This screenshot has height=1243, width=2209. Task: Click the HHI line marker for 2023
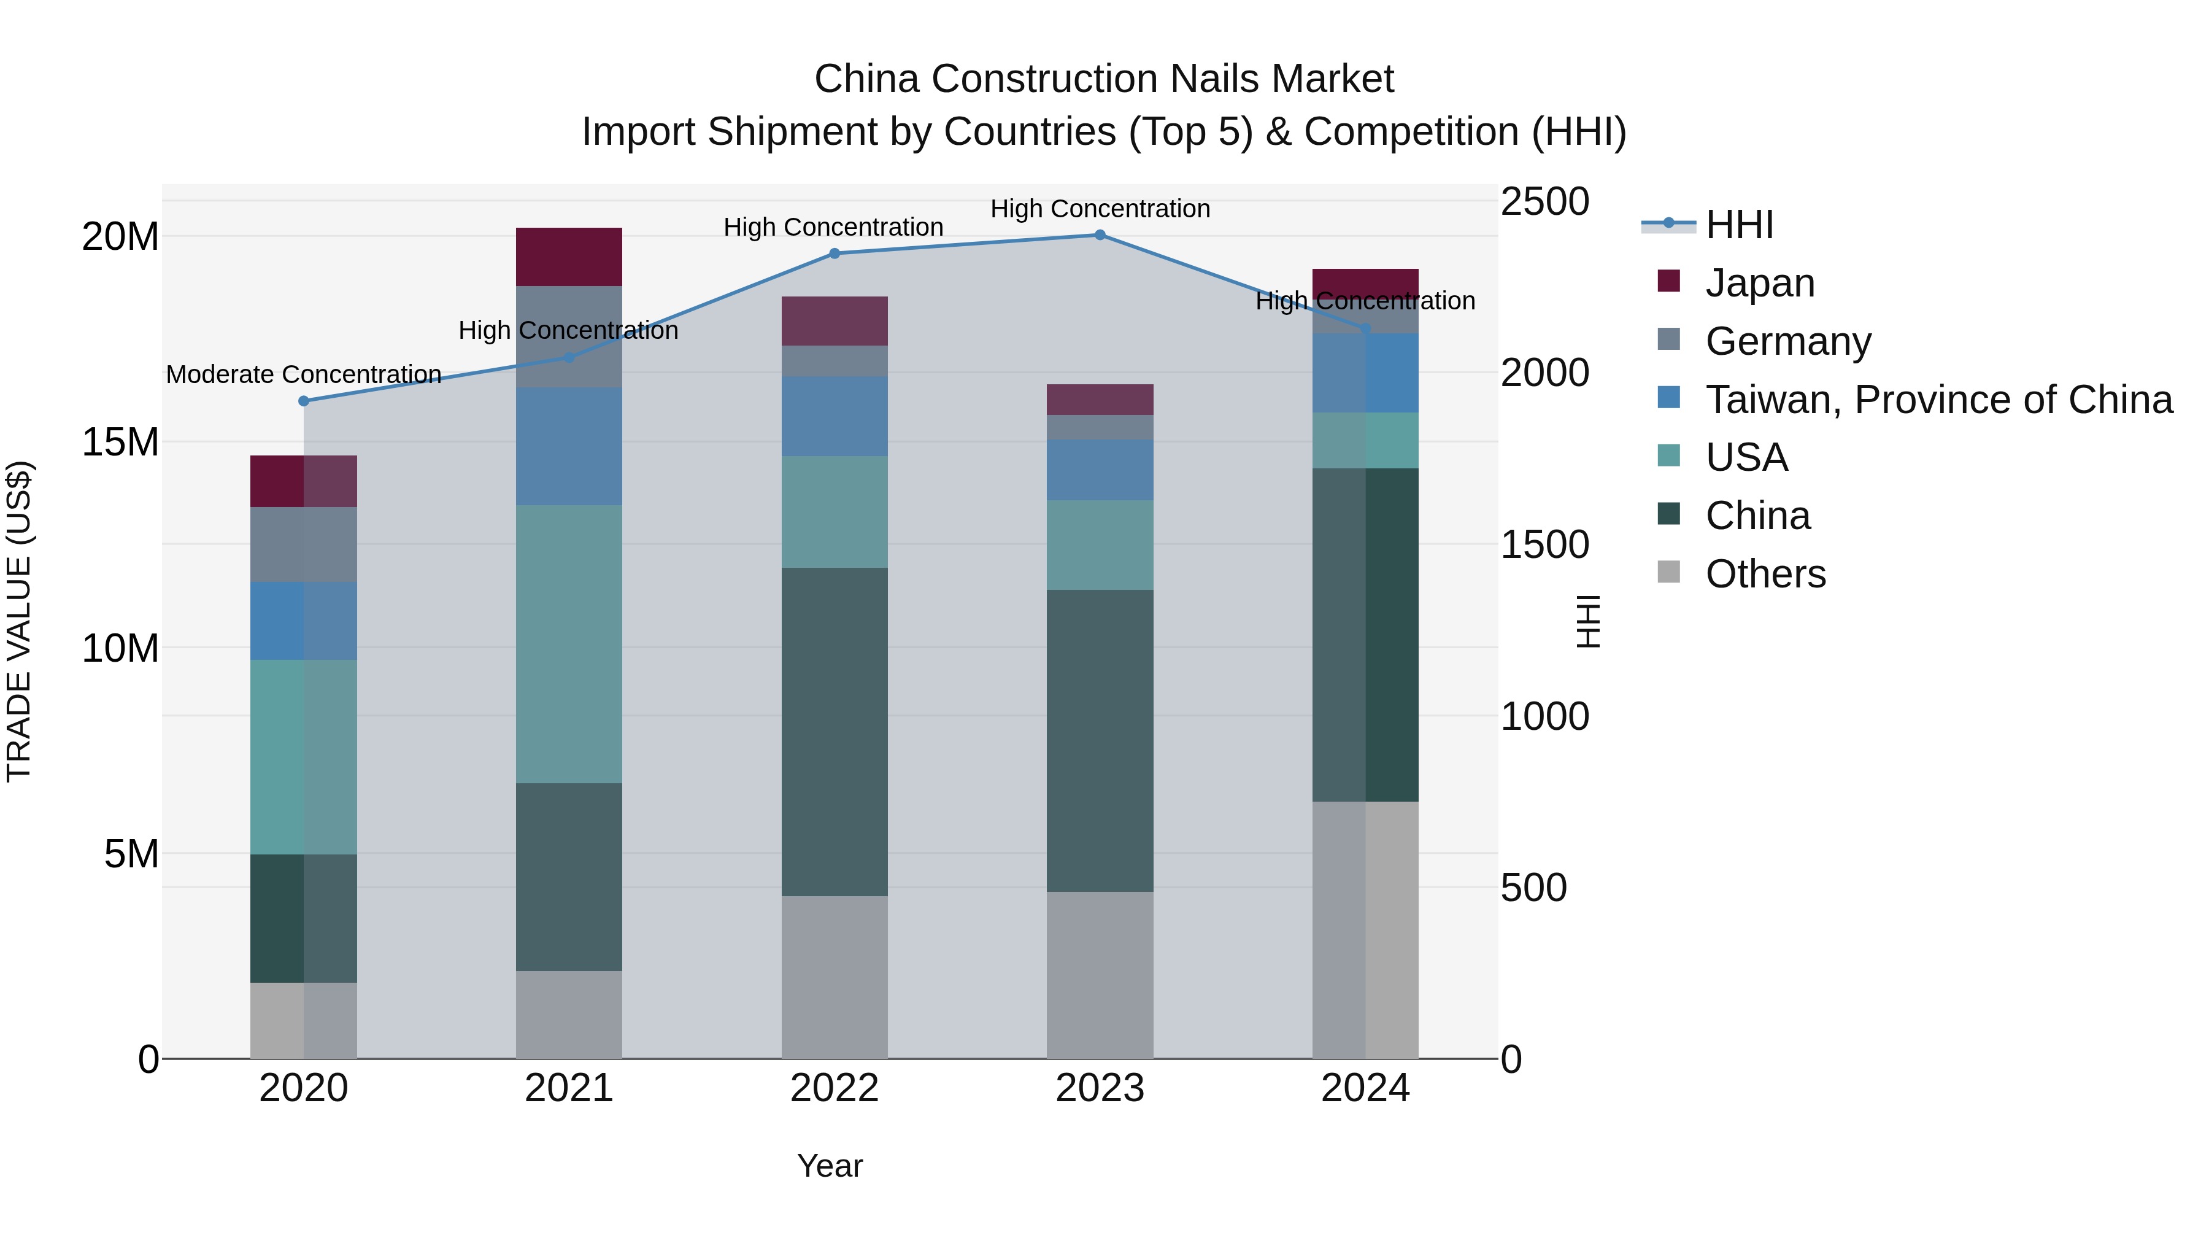click(1100, 235)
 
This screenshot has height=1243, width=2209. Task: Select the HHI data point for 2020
click(304, 401)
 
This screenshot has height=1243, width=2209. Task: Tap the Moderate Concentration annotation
click(304, 375)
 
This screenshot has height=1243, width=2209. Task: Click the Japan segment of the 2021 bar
click(569, 257)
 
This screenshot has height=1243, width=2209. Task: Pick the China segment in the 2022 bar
click(835, 732)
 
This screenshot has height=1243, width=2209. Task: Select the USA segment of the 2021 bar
click(569, 643)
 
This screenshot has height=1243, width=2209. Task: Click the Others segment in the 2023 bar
click(1100, 975)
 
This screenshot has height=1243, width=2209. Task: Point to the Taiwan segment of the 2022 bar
click(835, 416)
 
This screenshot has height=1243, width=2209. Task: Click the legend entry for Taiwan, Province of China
click(1938, 400)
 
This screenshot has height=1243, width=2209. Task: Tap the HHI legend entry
click(1739, 225)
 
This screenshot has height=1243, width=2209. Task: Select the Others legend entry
click(1765, 574)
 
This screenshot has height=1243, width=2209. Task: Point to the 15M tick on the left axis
click(120, 443)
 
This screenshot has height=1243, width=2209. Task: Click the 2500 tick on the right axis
click(1544, 203)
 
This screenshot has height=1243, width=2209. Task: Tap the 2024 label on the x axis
click(1365, 1088)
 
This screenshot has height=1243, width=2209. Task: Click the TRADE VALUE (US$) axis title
click(19, 621)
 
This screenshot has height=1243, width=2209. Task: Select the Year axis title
click(829, 1166)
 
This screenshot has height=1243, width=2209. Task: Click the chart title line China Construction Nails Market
click(1104, 79)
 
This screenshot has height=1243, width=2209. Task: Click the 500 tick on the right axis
click(1533, 888)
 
